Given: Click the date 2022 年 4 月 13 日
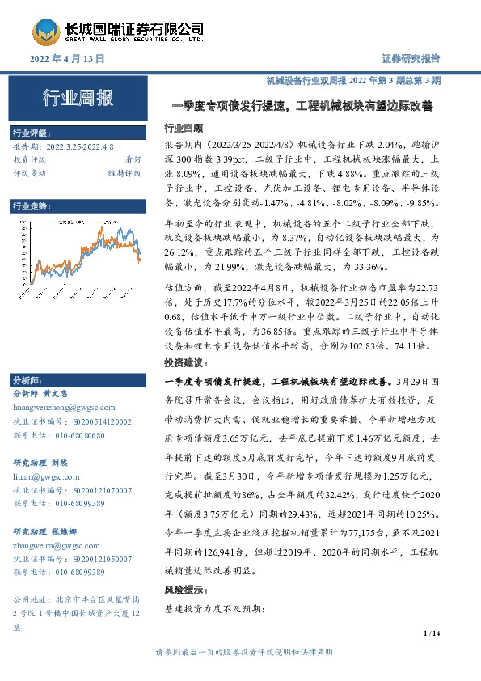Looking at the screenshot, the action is pyautogui.click(x=68, y=59).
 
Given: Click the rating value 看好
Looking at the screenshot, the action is pyautogui.click(x=132, y=159).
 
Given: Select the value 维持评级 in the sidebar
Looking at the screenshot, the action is pyautogui.click(x=124, y=172).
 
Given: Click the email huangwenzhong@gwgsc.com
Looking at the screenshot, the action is pyautogui.click(x=64, y=408).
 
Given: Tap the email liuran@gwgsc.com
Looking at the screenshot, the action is pyautogui.click(x=49, y=477).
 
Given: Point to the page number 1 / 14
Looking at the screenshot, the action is pyautogui.click(x=432, y=633).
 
